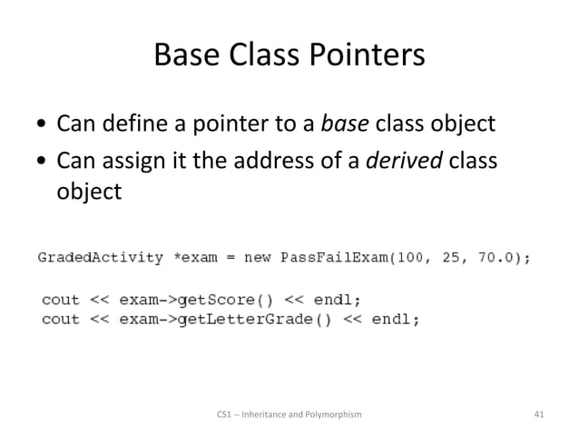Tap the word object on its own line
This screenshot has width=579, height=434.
pyautogui.click(x=89, y=193)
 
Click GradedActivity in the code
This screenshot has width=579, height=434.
pyautogui.click(x=101, y=258)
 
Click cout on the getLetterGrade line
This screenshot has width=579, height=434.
pyautogui.click(x=61, y=319)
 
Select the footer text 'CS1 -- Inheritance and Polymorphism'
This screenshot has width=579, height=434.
pyautogui.click(x=289, y=414)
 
